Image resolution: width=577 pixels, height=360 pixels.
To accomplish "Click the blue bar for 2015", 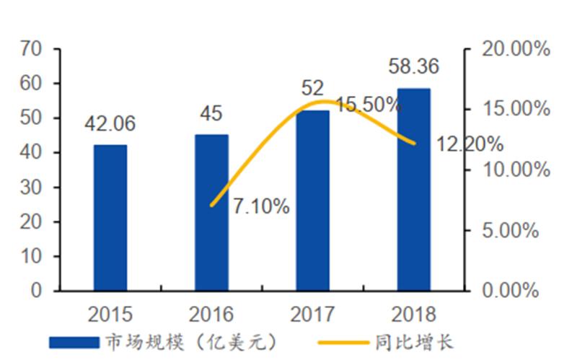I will point(110,218).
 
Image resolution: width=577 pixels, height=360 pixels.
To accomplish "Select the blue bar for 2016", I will point(211,213).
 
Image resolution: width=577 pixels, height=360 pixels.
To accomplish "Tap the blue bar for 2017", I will point(312,201).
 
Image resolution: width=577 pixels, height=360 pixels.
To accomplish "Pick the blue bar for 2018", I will point(413,190).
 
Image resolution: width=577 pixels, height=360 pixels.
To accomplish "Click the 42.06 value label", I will point(110,124).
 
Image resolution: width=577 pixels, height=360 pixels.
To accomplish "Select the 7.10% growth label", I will point(261,207).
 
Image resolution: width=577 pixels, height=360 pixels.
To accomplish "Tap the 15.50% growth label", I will point(368,105).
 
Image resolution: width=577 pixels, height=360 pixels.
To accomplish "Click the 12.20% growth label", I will point(470,144).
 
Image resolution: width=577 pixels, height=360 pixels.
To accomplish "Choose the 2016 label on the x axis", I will point(211,315).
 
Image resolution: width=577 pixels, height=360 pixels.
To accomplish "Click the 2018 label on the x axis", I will point(413,315).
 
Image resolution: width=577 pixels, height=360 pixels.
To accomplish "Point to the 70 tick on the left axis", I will point(32,49).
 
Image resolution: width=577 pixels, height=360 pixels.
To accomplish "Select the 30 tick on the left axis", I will point(32,188).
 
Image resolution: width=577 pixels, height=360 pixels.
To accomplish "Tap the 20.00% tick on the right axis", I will point(516,49).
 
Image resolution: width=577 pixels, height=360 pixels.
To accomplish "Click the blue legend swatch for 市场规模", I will point(72,341).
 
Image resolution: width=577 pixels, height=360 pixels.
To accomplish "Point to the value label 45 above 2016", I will point(211,113).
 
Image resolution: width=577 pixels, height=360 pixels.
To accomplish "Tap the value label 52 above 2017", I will point(312,89).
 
